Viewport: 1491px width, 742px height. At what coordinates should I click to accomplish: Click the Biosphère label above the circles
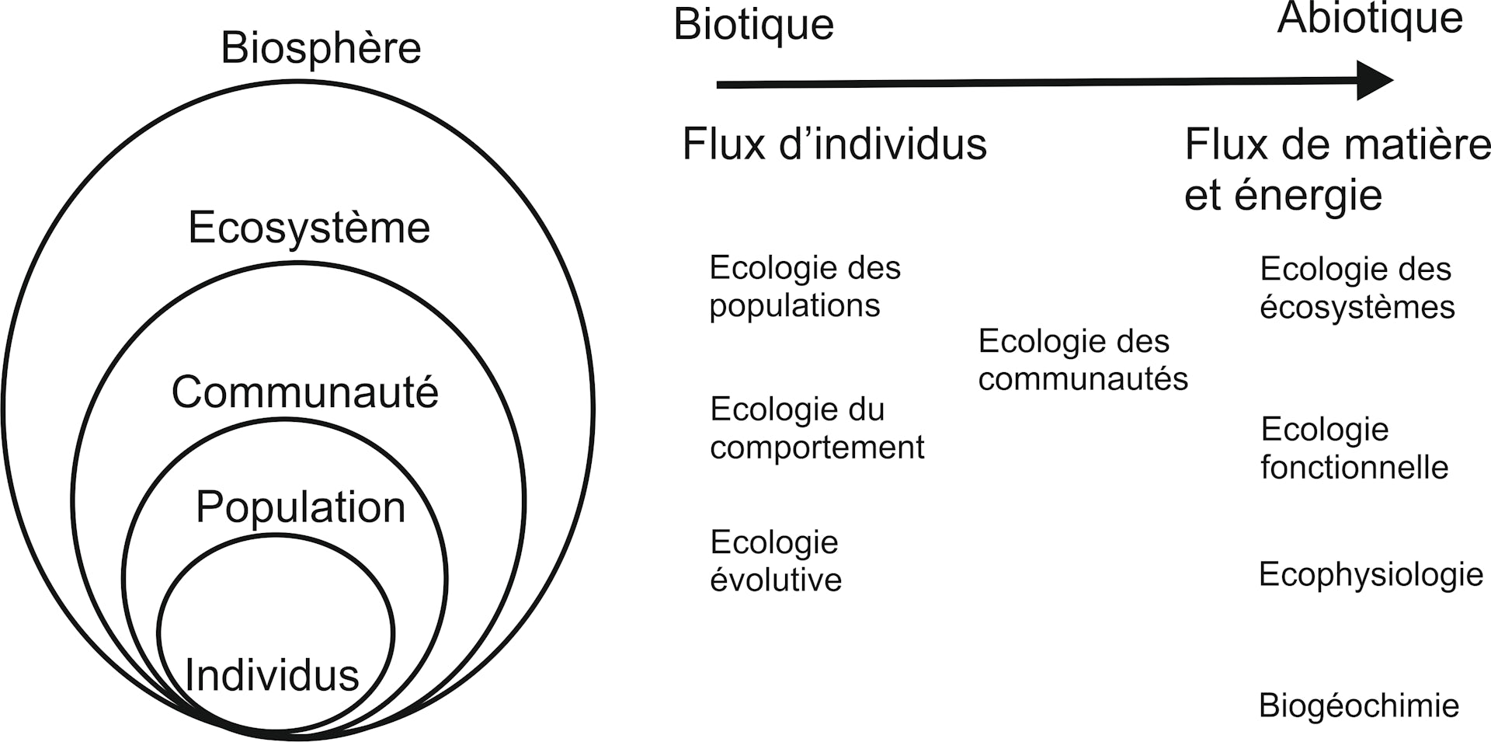(321, 48)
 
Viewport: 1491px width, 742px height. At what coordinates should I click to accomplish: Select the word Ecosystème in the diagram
(309, 228)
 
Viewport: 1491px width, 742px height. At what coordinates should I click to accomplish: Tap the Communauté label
(304, 392)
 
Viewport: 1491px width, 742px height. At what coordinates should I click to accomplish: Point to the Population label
(301, 507)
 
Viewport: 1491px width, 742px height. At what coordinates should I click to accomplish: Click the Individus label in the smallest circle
(272, 674)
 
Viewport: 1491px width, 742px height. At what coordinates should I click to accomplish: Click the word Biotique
(753, 25)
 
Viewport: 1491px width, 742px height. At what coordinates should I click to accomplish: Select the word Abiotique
(1370, 18)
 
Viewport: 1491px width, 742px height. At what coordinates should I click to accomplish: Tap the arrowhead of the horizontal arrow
(1375, 80)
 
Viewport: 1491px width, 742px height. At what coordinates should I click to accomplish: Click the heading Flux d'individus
(834, 145)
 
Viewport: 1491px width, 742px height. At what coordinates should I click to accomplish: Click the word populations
(794, 305)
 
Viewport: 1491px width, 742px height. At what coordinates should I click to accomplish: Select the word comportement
(817, 448)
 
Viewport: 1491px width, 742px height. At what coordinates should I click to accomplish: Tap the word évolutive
(776, 580)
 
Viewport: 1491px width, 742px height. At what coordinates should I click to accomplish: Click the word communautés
(1083, 379)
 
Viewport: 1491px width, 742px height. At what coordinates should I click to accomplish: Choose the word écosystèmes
(1357, 308)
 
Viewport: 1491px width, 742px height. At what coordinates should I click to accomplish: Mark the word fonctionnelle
(1354, 468)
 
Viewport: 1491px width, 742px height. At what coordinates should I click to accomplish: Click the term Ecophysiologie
(1371, 575)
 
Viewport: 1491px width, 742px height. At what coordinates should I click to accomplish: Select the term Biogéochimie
(1358, 706)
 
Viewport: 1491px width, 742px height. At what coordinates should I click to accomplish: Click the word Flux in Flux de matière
(1216, 145)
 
